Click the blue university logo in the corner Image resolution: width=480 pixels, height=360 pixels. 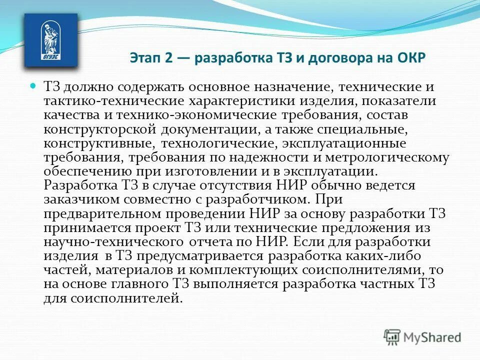click(51, 39)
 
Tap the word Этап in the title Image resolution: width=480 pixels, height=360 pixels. click(144, 56)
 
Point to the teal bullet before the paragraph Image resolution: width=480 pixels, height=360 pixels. click(34, 86)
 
